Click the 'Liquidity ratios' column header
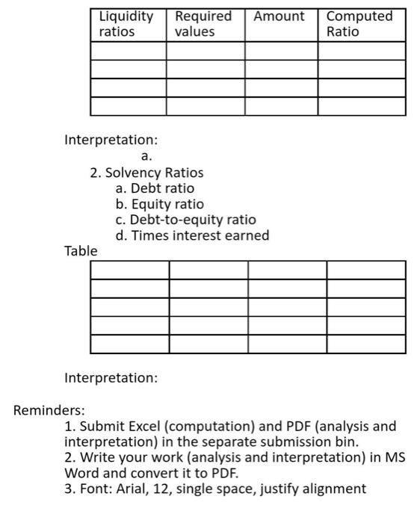pos(126,24)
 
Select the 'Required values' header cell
pos(203,24)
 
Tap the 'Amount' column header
pos(280,16)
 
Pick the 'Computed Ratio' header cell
pos(359,24)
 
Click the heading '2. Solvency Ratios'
pos(146,173)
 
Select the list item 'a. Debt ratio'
pos(155,188)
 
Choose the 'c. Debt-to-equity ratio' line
pos(185,220)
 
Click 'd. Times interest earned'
pos(192,235)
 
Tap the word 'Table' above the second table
pos(81,251)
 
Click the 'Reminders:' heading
pos(49,410)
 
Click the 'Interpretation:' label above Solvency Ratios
pos(111,140)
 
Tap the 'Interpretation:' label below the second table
pos(111,378)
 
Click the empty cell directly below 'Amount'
pos(282,50)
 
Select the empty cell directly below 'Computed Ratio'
pos(362,50)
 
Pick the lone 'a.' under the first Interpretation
pos(146,157)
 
